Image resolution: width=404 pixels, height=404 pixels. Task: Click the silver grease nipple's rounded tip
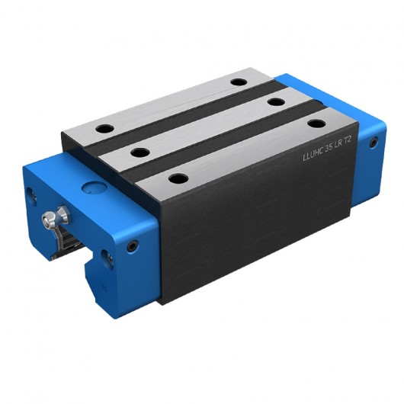click(47, 218)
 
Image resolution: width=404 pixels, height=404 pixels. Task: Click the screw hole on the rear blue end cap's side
click(373, 143)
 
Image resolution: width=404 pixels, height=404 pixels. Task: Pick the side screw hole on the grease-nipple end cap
click(133, 245)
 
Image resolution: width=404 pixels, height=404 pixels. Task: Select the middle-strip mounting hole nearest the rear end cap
click(276, 101)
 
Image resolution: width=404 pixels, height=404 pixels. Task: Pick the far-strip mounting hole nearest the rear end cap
click(239, 81)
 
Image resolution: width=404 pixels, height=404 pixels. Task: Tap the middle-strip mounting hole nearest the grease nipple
click(139, 152)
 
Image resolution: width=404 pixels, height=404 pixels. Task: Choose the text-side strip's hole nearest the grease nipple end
click(178, 178)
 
